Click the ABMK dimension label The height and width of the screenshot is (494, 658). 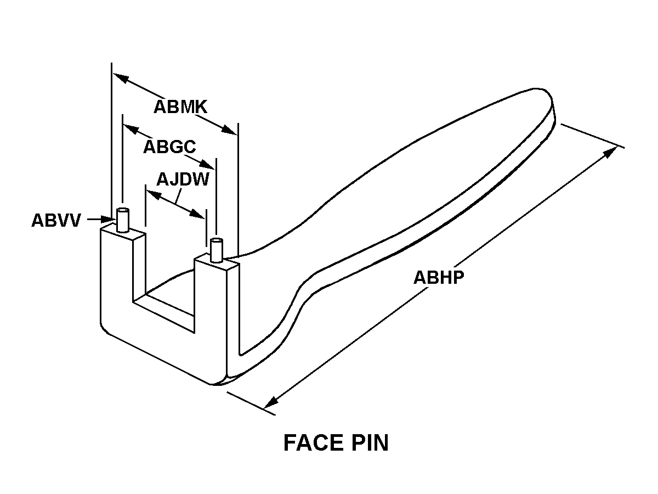click(180, 106)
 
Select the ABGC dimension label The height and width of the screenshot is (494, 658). click(169, 147)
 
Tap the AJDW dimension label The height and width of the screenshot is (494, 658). click(183, 179)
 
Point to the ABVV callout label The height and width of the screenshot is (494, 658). click(56, 221)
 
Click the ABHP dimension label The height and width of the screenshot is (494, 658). click(439, 277)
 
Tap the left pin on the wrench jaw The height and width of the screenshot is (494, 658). click(123, 221)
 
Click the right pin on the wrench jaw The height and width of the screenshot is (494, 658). click(217, 250)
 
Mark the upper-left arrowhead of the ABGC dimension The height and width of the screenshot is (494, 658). click(129, 128)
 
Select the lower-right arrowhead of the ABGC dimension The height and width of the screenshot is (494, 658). click(210, 165)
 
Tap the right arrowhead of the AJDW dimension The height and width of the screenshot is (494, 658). click(200, 214)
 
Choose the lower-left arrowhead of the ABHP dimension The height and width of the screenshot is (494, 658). click(269, 403)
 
